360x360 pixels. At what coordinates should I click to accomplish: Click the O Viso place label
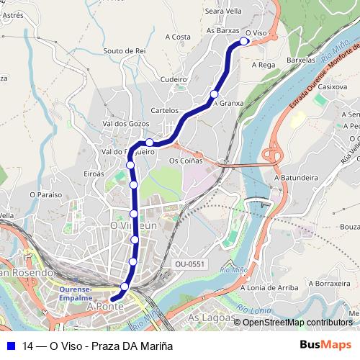(x=256, y=33)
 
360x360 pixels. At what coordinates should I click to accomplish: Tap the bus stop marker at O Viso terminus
(x=244, y=42)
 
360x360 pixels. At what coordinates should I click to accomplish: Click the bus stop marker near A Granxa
(x=214, y=94)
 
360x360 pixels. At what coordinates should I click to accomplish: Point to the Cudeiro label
(x=174, y=79)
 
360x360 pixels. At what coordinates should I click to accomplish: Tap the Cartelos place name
(x=165, y=110)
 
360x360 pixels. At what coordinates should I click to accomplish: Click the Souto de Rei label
(x=125, y=50)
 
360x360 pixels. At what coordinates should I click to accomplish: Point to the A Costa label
(x=177, y=37)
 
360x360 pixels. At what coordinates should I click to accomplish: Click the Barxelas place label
(x=301, y=60)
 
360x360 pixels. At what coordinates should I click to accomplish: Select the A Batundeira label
(x=296, y=176)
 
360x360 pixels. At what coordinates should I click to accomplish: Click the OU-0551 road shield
(x=190, y=264)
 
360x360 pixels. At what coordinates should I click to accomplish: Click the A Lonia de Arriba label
(x=269, y=287)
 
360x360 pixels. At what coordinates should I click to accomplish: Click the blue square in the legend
(x=10, y=346)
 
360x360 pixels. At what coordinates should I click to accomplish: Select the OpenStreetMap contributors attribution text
(x=297, y=322)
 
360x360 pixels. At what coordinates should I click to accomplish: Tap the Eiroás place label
(x=94, y=174)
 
